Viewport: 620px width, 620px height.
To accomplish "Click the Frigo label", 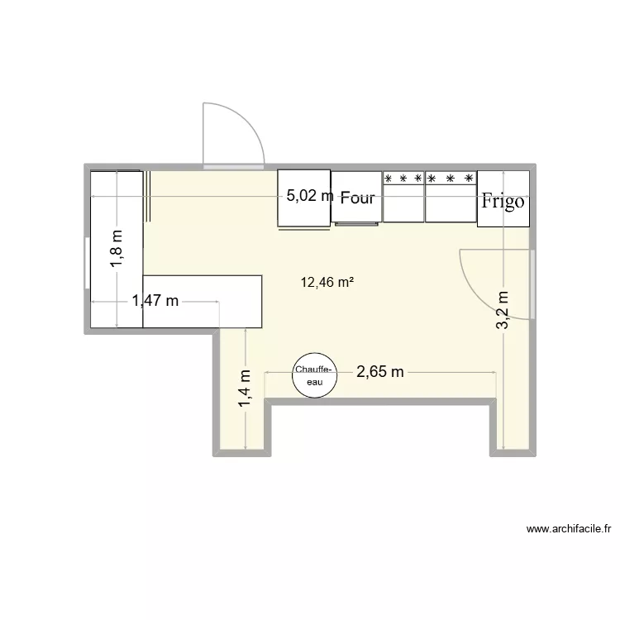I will pos(503,201).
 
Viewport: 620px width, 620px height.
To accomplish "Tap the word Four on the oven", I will pos(357,198).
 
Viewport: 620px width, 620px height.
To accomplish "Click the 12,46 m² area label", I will pos(327,283).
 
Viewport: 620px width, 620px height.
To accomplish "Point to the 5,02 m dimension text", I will pos(310,197).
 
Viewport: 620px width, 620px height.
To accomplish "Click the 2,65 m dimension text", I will pos(380,372).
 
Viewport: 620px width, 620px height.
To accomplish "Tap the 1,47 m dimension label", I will pos(155,301).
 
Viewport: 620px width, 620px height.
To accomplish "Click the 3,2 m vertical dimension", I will pos(503,309).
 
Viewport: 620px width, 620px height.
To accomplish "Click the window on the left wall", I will pos(86,264).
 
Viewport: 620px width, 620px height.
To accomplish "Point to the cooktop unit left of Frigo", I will pos(451,198).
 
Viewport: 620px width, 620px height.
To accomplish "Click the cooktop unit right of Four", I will pos(403,198).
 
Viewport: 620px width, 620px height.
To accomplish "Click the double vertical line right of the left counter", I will pos(149,196).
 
